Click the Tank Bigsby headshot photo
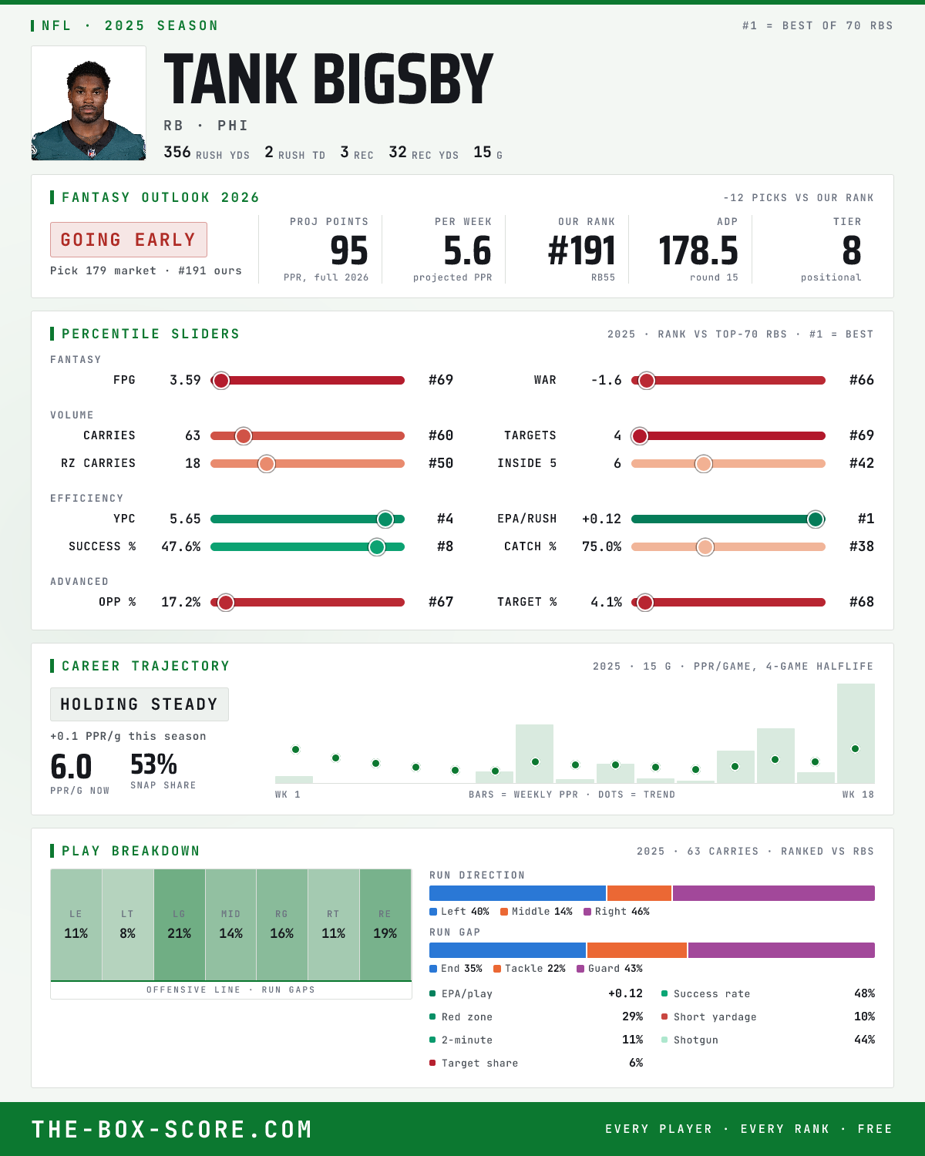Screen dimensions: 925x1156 (89, 103)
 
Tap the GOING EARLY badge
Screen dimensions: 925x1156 (129, 240)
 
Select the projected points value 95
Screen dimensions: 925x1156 (349, 251)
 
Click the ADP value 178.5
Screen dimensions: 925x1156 (698, 251)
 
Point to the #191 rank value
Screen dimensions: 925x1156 (581, 251)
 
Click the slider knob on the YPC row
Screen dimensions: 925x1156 (385, 519)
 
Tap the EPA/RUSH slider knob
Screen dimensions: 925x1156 (816, 519)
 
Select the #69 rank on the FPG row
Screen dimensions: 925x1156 (441, 380)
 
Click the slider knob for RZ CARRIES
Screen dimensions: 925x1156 (267, 464)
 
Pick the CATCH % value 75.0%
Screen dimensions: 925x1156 (601, 547)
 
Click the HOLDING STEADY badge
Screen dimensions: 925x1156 (140, 704)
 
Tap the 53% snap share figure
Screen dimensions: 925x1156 (153, 765)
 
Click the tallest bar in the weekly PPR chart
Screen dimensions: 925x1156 (856, 733)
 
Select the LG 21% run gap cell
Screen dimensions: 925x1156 (179, 925)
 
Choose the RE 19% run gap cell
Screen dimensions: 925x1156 (385, 925)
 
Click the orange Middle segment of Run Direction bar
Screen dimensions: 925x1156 (639, 893)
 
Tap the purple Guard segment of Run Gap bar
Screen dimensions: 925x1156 (782, 950)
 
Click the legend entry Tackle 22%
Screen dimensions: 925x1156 (530, 969)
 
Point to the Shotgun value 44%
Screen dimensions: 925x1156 (864, 1040)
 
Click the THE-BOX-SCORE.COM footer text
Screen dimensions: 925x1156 (172, 1129)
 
